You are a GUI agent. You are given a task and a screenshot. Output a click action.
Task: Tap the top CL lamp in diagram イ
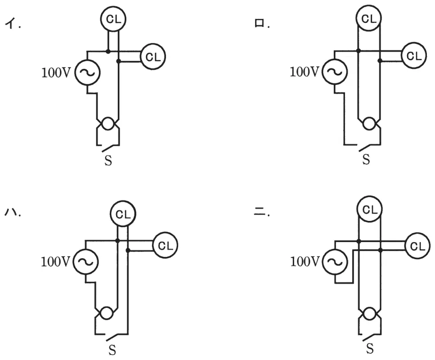113,19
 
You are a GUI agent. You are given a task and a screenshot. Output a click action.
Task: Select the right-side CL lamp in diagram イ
153,57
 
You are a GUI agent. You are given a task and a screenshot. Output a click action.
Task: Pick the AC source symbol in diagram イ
87,72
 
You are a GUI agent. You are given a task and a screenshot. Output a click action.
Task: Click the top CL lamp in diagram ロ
369,18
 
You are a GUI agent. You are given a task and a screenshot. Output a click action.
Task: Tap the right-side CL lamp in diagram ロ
414,55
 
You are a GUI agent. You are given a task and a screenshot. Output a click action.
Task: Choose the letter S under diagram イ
108,161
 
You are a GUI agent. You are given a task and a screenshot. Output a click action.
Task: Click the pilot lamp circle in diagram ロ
369,123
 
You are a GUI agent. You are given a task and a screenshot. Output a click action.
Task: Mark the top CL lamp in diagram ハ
123,214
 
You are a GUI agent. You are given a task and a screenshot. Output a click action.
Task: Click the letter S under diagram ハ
112,350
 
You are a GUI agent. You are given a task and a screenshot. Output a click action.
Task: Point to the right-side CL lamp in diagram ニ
417,246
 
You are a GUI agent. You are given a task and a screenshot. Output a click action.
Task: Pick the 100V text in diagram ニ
305,261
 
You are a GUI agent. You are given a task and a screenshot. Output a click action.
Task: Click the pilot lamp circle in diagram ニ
369,314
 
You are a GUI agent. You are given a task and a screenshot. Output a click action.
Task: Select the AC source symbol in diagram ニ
335,262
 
